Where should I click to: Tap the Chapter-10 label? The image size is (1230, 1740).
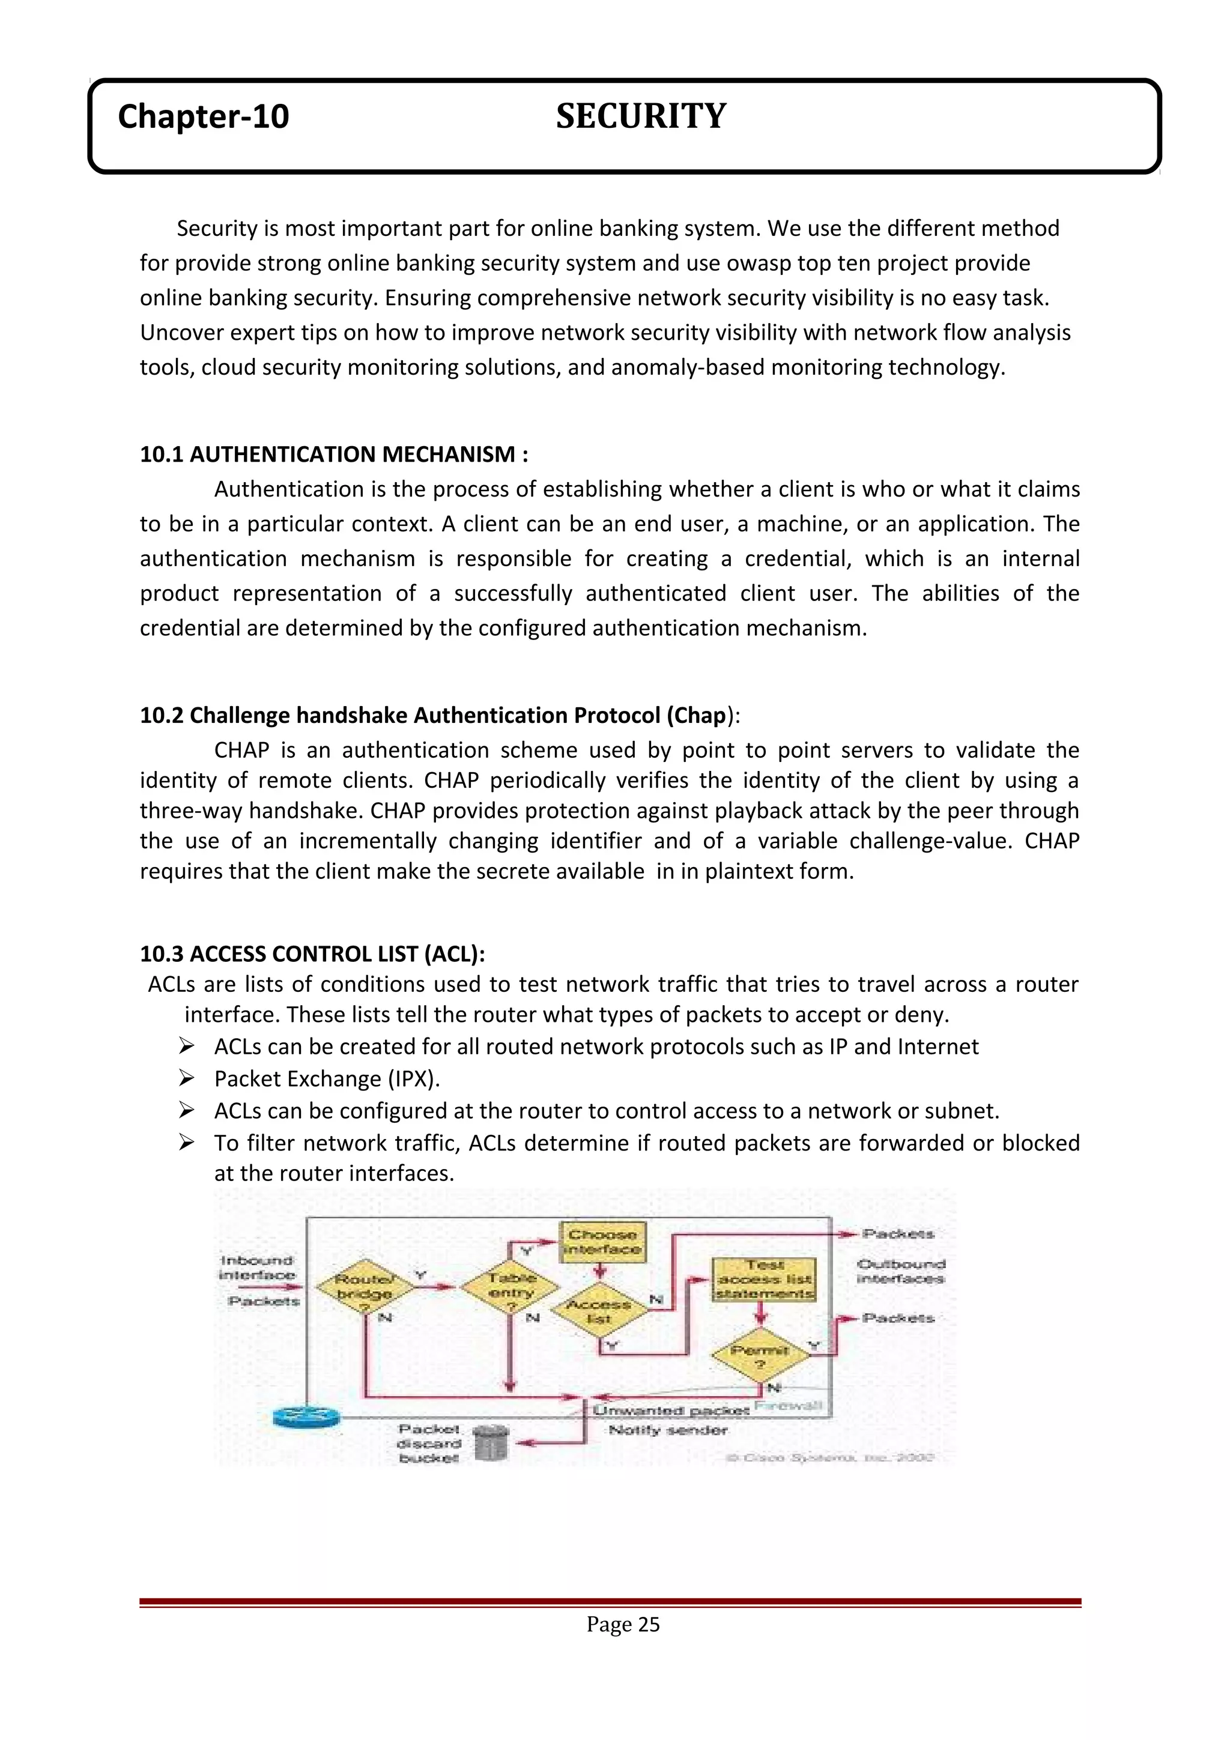(203, 116)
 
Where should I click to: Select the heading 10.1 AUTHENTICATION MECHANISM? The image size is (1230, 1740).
(333, 454)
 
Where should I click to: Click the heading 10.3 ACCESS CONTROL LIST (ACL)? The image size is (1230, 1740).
(312, 953)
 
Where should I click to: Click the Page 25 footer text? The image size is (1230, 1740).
(622, 1624)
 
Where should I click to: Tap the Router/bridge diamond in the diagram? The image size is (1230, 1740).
(365, 1286)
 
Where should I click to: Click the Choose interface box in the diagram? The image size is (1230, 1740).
(602, 1241)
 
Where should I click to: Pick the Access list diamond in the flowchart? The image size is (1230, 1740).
(599, 1311)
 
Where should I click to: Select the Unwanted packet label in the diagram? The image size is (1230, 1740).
(671, 1410)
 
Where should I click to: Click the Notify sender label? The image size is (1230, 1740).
(668, 1430)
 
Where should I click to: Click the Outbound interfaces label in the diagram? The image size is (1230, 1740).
(900, 1271)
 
